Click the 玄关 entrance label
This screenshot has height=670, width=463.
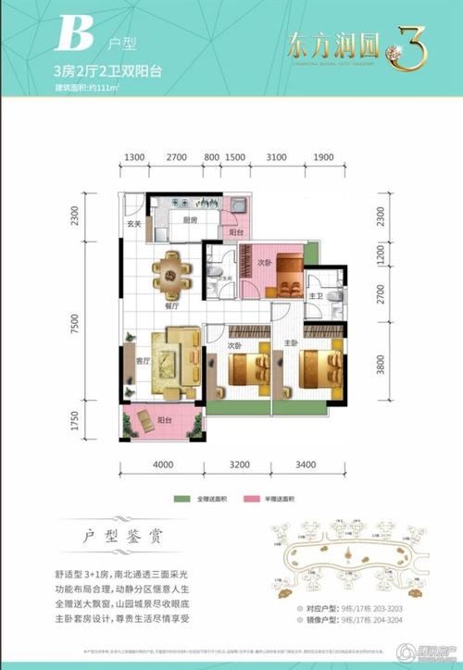134,224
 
